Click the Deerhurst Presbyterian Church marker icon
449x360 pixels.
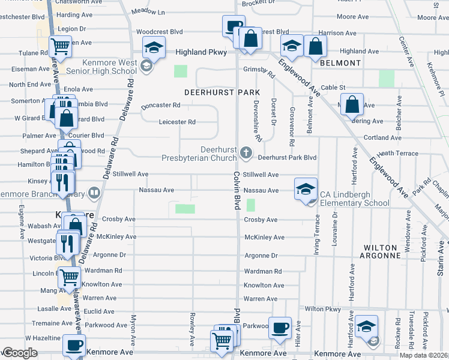point(245,153)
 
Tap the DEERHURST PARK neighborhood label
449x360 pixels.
point(221,92)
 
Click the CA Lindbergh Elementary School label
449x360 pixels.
point(354,199)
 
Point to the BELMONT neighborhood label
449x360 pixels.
point(341,63)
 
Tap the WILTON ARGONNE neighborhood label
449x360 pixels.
point(380,252)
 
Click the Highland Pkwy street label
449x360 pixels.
point(201,52)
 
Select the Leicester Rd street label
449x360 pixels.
point(177,122)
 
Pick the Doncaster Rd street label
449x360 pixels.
point(161,106)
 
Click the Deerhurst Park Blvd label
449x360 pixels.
point(287,158)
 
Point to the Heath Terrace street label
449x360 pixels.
point(398,154)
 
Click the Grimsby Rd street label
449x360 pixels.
point(259,70)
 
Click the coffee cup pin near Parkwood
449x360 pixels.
point(280,328)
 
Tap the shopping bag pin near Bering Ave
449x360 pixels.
point(352,104)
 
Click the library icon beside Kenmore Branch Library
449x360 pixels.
point(94,193)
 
